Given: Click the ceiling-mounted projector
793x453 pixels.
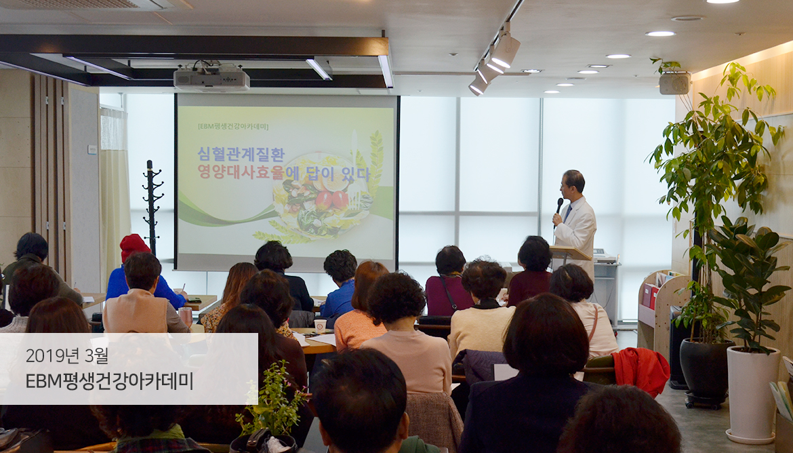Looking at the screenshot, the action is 211,79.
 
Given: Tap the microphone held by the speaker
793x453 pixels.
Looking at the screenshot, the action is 559,205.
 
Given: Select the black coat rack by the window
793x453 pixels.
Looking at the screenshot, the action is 152,207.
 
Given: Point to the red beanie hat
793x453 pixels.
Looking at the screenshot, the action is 134,246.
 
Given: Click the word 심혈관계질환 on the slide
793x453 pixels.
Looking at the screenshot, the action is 241,154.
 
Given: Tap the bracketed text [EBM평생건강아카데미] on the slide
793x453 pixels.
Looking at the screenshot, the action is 233,127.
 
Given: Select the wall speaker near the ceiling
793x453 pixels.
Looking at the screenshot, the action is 674,83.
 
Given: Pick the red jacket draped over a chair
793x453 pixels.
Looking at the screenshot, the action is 640,370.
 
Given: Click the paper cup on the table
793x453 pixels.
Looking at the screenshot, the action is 320,325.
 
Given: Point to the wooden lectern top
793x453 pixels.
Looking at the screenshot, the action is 571,252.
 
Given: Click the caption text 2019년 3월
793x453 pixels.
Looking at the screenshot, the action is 66,356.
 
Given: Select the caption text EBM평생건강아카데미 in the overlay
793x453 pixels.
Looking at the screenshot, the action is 109,380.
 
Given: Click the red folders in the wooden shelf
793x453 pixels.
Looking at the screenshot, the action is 649,296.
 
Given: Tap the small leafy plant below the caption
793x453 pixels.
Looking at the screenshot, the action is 273,400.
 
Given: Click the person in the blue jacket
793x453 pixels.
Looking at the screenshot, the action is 340,283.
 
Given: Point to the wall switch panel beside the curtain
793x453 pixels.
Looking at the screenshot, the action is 92,149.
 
